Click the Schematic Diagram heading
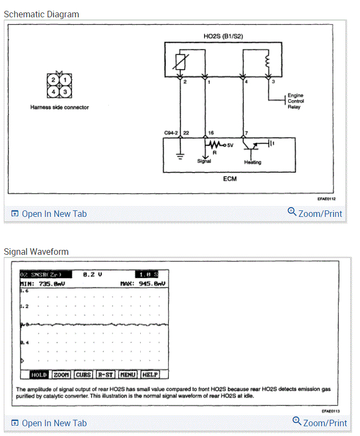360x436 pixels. point(41,14)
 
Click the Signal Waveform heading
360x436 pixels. point(36,252)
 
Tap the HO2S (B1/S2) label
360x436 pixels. point(222,37)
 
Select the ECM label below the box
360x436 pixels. point(228,177)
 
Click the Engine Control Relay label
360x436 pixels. point(296,101)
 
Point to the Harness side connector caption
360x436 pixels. point(60,107)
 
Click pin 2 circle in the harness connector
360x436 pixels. point(53,81)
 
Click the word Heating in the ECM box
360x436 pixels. point(253,162)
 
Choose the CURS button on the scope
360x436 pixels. point(83,374)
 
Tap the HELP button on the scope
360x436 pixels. point(149,374)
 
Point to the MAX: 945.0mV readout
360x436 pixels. point(142,283)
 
